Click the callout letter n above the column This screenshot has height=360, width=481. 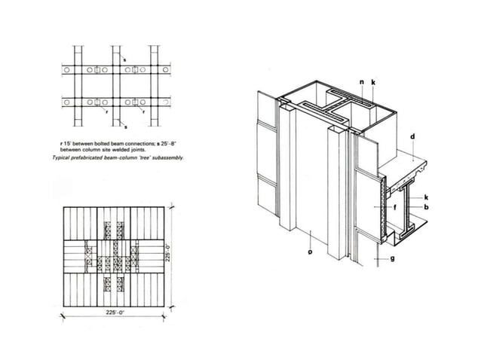[x=361, y=81]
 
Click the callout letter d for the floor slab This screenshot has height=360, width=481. [x=412, y=137]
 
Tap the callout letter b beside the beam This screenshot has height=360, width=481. [x=426, y=206]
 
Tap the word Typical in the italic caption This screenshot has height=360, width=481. [x=61, y=157]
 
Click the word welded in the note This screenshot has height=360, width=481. [x=123, y=150]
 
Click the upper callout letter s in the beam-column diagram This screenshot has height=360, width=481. [x=124, y=59]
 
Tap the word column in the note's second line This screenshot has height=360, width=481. [x=96, y=150]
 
